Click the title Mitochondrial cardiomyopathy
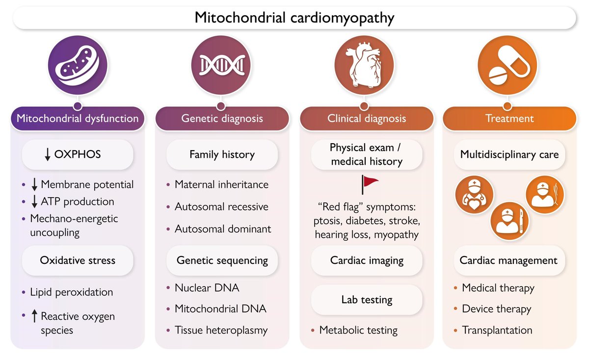pos(294,18)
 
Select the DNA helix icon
pos(221,65)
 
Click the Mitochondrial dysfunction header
pos(78,119)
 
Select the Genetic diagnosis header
pos(222,119)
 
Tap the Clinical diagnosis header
pos(367,119)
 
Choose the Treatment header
pos(510,119)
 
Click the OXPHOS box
pos(78,154)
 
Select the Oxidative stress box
pos(78,260)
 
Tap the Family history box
pos(222,155)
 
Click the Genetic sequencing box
pos(222,260)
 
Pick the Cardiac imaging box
pos(367,260)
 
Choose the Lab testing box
pos(367,299)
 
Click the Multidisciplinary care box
pos(509,155)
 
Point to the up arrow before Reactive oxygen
pos(34,317)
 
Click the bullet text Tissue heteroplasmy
pos(221,330)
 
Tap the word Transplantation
pos(497,330)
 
